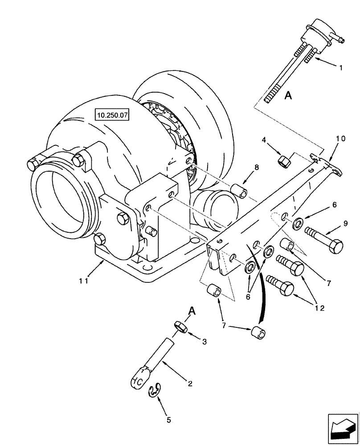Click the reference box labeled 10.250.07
coord(111,115)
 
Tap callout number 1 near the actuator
coord(341,68)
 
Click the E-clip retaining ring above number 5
coord(154,391)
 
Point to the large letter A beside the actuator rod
coord(288,95)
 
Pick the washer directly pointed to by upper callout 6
coord(297,223)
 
